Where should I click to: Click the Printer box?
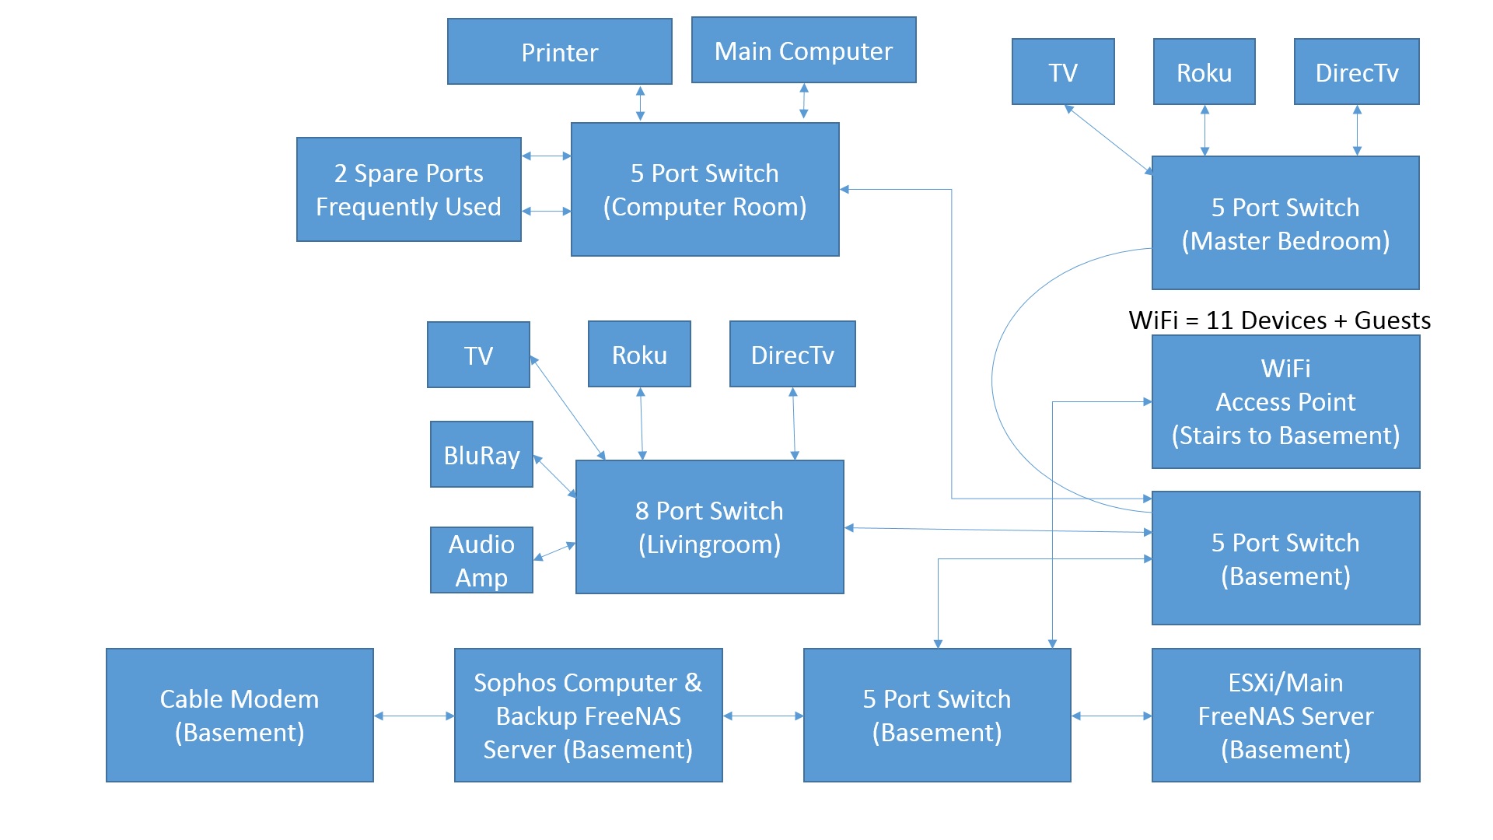tap(559, 52)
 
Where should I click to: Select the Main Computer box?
tap(803, 51)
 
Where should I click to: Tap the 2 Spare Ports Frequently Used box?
tap(408, 190)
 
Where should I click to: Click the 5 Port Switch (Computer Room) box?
tap(705, 190)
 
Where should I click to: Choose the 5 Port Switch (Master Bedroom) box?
tap(1285, 223)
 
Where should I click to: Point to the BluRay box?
tap(481, 455)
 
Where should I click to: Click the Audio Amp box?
tap(481, 560)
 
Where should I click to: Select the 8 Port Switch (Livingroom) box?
tap(709, 527)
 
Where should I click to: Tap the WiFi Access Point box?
tap(1285, 402)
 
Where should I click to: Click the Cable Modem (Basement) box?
tap(240, 716)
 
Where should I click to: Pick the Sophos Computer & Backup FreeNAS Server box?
tap(588, 716)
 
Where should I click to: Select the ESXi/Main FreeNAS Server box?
tap(1285, 716)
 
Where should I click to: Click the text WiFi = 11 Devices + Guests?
tap(1279, 320)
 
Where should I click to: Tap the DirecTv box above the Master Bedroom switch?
tap(1356, 72)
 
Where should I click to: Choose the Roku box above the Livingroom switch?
tap(639, 355)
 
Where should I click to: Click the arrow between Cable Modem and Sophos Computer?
tap(414, 716)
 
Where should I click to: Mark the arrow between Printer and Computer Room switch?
tap(640, 103)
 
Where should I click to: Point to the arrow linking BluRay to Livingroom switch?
tap(554, 475)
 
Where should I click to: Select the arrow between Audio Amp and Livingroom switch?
tap(554, 551)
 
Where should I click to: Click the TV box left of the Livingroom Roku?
tap(478, 355)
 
